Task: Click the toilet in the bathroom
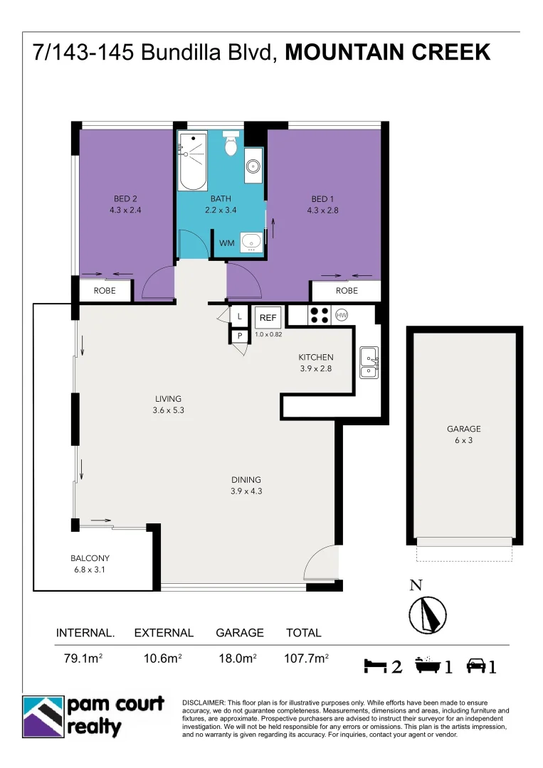231,145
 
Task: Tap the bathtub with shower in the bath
191,161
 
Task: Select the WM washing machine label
226,243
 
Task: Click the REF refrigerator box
268,317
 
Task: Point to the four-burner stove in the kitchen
318,314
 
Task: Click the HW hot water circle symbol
341,314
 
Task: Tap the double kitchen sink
369,362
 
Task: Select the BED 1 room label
321,199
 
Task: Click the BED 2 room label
125,199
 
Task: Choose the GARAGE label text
463,429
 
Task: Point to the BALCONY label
90,558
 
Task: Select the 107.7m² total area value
306,659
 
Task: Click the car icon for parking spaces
475,666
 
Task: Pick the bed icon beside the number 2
374,666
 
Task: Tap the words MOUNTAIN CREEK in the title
387,53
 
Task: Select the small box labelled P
239,336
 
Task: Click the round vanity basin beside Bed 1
253,166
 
